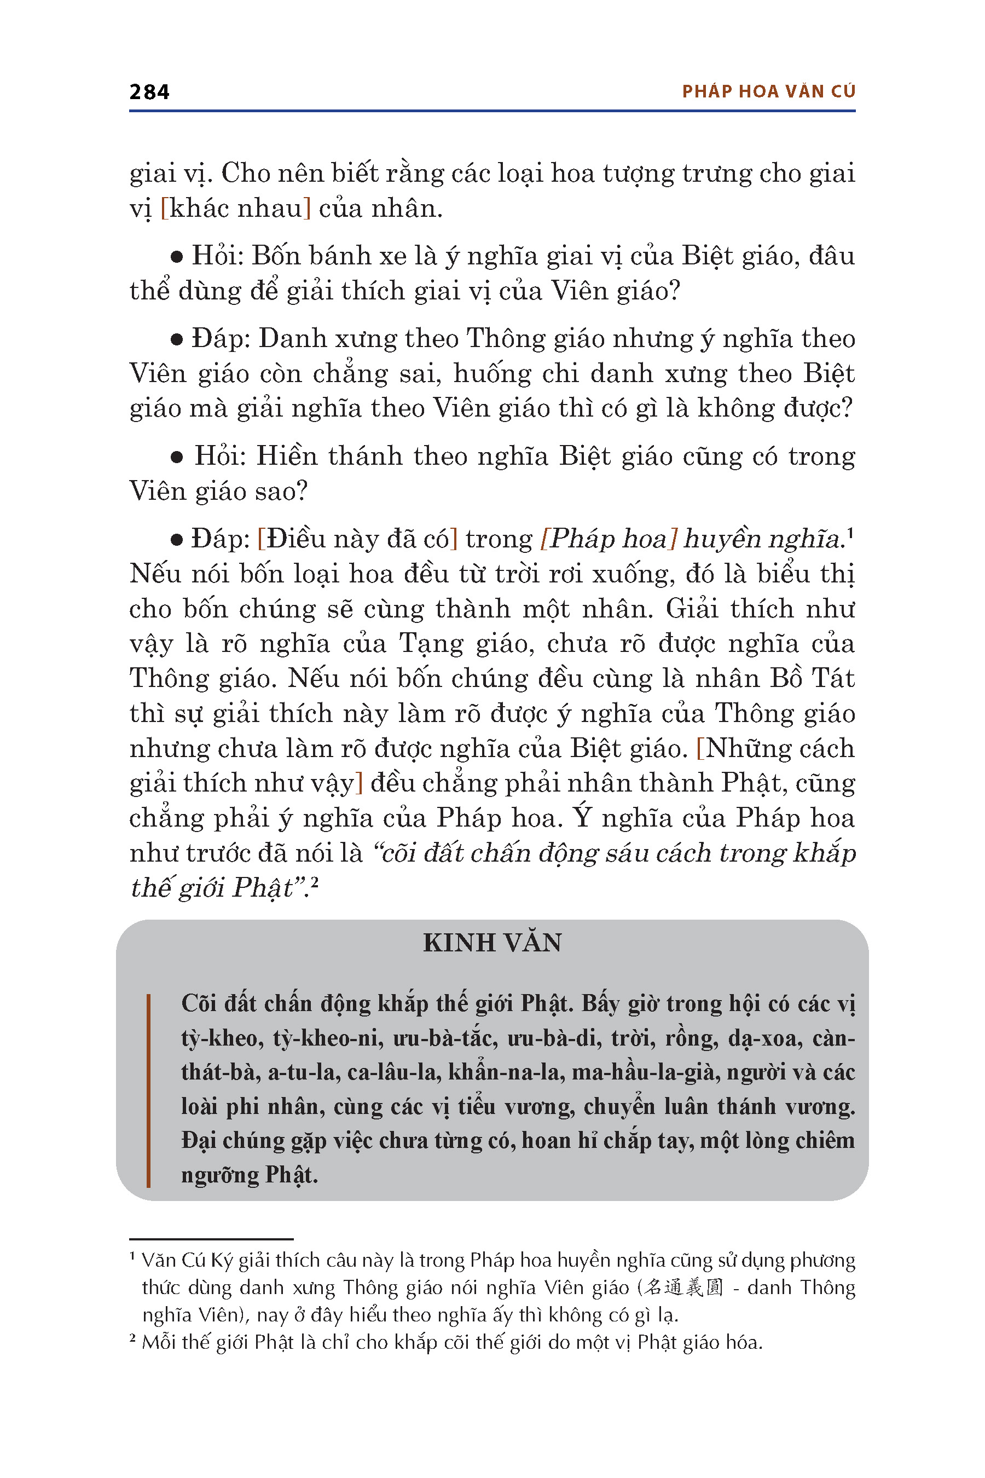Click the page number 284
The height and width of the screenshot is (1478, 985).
click(149, 93)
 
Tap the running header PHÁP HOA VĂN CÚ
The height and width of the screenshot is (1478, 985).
click(768, 92)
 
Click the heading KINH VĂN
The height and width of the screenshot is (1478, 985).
click(492, 943)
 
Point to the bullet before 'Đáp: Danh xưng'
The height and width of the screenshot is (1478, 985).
click(177, 339)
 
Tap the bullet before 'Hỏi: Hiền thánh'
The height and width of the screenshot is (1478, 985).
click(177, 457)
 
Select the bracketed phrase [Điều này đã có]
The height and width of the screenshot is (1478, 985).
click(357, 539)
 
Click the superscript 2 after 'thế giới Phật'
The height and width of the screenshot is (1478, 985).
click(315, 882)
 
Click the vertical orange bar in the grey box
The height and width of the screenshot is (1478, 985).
click(148, 1090)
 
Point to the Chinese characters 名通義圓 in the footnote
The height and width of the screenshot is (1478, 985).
click(684, 1288)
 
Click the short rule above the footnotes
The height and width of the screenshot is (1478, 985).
click(211, 1239)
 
